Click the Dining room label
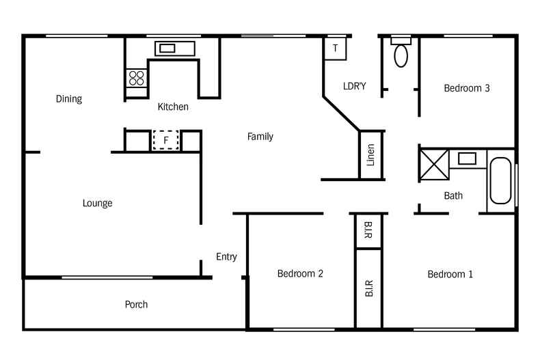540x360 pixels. click(x=68, y=99)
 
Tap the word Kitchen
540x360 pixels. click(x=173, y=107)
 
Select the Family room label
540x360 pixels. click(x=260, y=137)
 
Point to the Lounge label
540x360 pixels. click(x=97, y=203)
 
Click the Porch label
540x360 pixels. click(x=136, y=305)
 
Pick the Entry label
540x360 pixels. click(x=226, y=257)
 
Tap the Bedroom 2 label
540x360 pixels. click(x=300, y=274)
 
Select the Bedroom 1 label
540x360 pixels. click(x=450, y=275)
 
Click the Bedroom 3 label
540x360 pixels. click(x=467, y=88)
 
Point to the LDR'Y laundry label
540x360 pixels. click(x=354, y=86)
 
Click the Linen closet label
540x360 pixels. click(x=370, y=155)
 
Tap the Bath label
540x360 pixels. click(x=453, y=195)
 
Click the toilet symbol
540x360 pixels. click(x=401, y=53)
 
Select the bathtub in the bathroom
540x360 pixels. click(x=500, y=181)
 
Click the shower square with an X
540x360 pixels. click(x=433, y=165)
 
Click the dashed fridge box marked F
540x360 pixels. click(x=165, y=140)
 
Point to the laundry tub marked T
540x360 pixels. click(x=335, y=49)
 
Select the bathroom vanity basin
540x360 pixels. click(x=467, y=158)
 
